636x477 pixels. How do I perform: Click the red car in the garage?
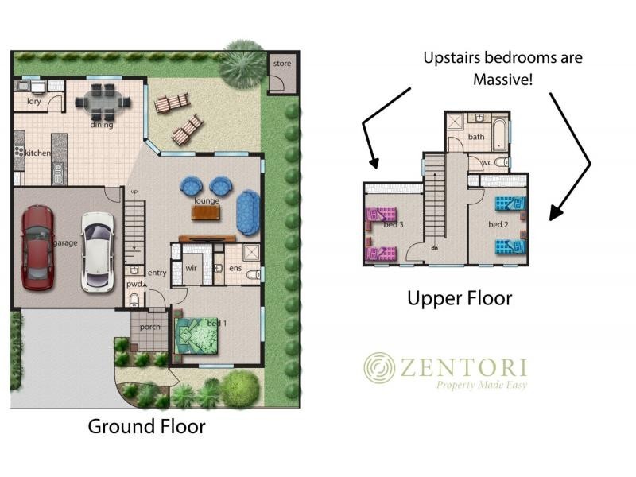tap(37, 248)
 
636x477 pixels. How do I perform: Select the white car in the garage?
tap(97, 252)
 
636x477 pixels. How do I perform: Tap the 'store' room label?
tap(282, 64)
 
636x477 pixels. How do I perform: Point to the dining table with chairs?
tap(103, 102)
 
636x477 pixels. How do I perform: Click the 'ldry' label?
tap(34, 101)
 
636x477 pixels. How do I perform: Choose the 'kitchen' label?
tap(38, 153)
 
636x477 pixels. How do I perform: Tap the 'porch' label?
tap(149, 327)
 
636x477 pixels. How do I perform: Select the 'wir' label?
tap(191, 268)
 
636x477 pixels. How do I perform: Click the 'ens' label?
tap(235, 268)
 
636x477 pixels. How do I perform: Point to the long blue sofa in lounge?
tap(248, 212)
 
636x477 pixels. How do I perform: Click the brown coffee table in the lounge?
tap(206, 212)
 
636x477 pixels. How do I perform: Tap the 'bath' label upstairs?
tap(476, 137)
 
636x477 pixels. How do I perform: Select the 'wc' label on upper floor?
tap(487, 163)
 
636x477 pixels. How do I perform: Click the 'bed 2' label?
tap(498, 224)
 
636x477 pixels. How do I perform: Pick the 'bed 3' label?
tap(394, 224)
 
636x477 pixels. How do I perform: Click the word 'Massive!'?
tap(502, 79)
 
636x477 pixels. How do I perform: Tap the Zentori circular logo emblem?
tap(379, 367)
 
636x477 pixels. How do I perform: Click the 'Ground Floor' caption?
tap(146, 427)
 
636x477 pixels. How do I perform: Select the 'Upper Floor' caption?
tap(460, 299)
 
